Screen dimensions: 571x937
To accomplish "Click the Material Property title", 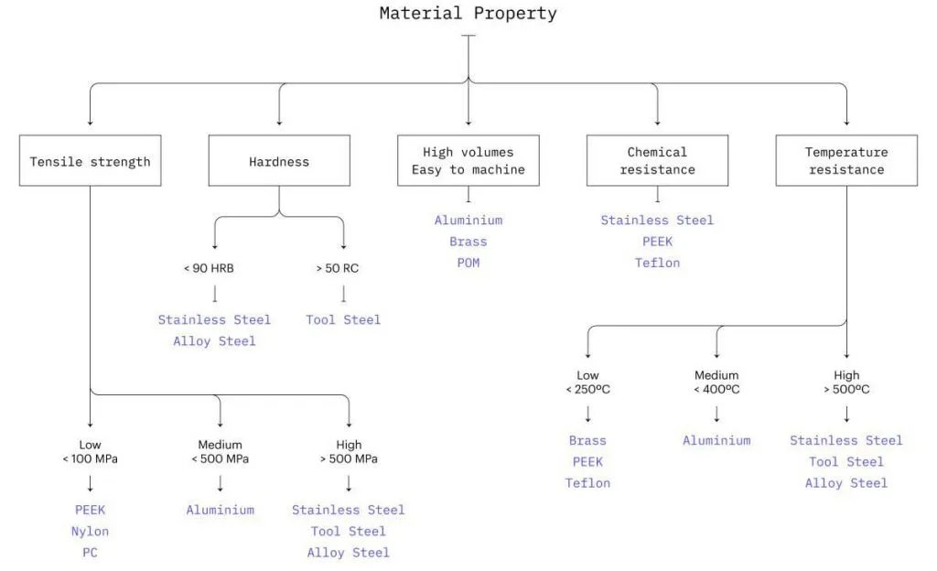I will [468, 14].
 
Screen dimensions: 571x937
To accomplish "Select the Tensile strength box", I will [90, 161].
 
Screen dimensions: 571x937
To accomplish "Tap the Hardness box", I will [279, 161].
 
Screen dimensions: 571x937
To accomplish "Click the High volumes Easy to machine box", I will [468, 161].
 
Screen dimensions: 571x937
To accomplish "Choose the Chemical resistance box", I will [657, 161].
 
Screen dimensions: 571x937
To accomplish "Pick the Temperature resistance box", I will [845, 161].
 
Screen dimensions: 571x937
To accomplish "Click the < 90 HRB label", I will [214, 269].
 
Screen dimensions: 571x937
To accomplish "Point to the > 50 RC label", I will [343, 269].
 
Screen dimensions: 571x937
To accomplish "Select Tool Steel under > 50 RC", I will [343, 319].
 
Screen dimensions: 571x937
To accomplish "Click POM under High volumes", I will [468, 263].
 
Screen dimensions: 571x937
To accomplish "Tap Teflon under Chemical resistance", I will [657, 263].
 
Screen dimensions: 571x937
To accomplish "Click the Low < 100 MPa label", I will [90, 452].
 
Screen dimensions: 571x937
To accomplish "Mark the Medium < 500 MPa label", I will [220, 452].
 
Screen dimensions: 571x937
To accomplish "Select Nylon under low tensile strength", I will [90, 531].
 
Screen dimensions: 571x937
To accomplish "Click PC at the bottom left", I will [90, 553].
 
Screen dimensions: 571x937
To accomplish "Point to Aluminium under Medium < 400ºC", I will [716, 440].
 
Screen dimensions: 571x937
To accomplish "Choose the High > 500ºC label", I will [846, 382].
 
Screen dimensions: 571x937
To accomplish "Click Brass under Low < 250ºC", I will [587, 440].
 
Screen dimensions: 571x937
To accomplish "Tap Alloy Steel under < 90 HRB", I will [214, 341].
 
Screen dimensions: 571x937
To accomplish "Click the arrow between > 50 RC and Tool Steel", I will [343, 295].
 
